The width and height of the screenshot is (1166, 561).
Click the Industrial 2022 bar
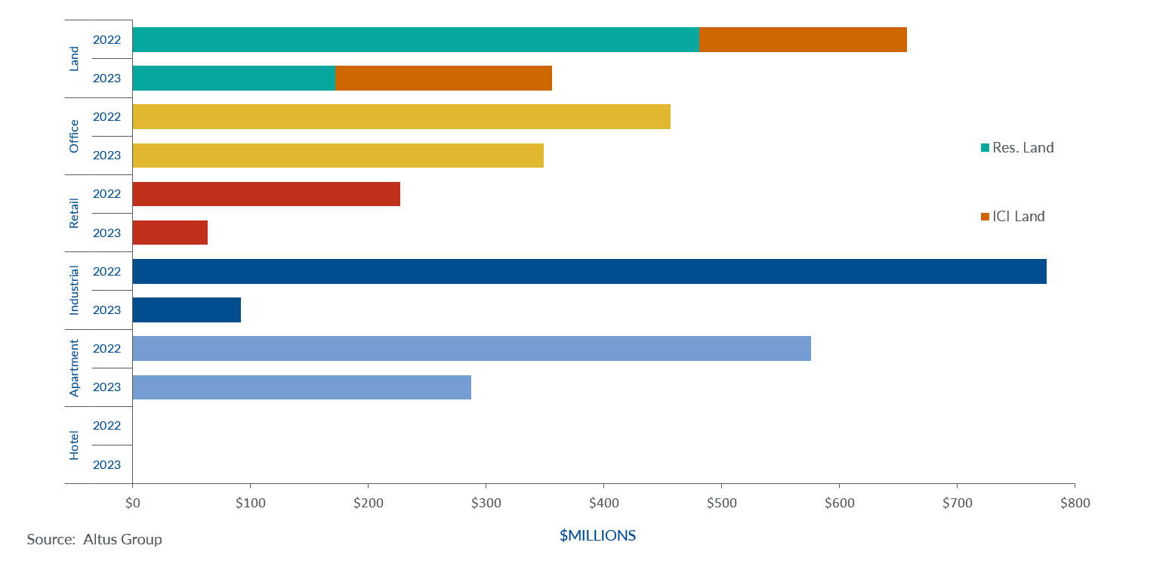[589, 271]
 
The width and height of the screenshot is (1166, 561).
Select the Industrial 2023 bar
[187, 310]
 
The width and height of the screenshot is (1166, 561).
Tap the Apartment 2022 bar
[471, 348]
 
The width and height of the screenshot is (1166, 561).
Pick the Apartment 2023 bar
[301, 387]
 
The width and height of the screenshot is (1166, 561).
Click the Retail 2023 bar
[170, 233]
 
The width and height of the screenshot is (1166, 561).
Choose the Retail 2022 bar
[266, 194]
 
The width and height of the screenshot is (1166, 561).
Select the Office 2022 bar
[401, 117]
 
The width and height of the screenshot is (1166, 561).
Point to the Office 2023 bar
[338, 156]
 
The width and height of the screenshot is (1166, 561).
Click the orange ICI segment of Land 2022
[803, 39]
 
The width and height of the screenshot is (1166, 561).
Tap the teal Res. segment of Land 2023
[233, 78]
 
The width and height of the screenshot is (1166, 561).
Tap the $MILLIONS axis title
[597, 536]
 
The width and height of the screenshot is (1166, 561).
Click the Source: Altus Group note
[94, 539]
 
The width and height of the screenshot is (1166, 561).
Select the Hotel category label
[74, 445]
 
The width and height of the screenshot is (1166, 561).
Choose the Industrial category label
[74, 291]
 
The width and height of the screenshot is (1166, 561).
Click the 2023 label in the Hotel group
[106, 465]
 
